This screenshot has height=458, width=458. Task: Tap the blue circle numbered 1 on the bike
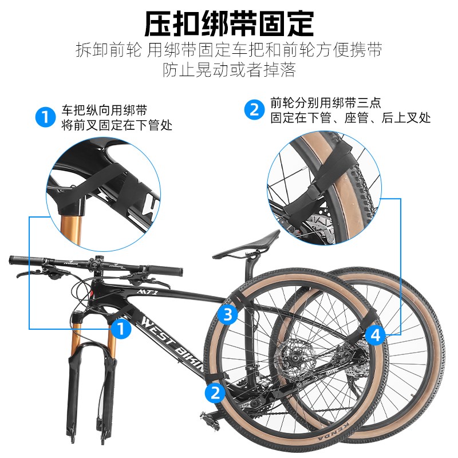click(x=120, y=329)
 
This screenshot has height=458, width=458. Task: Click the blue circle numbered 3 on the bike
click(x=228, y=314)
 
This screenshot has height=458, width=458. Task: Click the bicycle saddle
click(x=259, y=237)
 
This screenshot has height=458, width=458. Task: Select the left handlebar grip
click(x=23, y=261)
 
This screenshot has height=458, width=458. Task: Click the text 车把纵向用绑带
click(x=104, y=110)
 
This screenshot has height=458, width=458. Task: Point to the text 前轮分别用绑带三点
click(x=326, y=104)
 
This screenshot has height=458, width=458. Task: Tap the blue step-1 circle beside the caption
click(x=44, y=117)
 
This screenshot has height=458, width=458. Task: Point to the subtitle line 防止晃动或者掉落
click(x=229, y=70)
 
